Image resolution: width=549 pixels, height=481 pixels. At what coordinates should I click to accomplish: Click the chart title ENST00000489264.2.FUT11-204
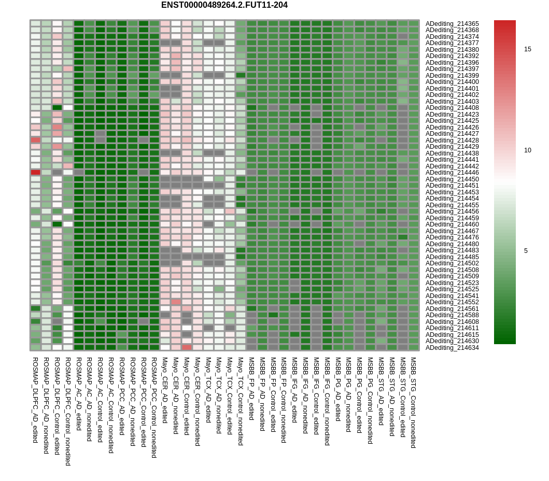[x=224, y=5]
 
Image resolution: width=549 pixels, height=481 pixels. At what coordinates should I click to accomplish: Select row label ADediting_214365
[x=452, y=24]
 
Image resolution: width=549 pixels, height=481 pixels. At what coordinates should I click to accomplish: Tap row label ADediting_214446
[x=452, y=173]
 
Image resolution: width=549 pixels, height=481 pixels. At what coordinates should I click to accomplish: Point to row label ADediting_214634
[x=452, y=348]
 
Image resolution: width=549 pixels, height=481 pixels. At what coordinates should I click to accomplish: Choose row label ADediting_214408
[x=452, y=108]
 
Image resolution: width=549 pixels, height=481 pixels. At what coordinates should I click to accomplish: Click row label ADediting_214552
[x=452, y=302]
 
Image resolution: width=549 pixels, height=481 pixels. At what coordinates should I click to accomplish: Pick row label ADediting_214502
[x=452, y=263]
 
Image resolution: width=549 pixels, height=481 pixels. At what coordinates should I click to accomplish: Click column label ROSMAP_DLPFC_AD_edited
[x=35, y=400]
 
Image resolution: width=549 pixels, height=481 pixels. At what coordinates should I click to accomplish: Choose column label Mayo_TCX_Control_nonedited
[x=241, y=401]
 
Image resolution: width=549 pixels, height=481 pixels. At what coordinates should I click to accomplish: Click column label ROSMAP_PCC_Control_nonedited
[x=154, y=407]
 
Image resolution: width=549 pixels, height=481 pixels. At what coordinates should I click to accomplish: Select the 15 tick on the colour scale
[x=527, y=49]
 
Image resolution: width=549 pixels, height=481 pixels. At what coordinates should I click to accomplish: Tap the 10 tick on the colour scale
[x=527, y=150]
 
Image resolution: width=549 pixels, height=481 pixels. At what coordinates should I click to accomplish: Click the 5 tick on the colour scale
[x=526, y=251]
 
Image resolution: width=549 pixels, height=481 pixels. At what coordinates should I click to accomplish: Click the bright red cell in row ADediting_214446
[x=35, y=173]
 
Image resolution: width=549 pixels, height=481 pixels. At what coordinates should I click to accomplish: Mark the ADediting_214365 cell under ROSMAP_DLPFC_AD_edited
[x=35, y=24]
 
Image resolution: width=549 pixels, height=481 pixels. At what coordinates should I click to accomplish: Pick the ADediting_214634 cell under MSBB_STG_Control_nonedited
[x=413, y=348]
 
